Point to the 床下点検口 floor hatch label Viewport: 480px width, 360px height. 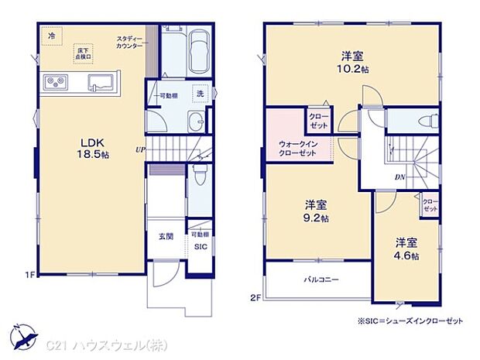pyautogui.click(x=83, y=53)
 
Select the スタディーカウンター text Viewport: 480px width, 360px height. pyautogui.click(x=129, y=43)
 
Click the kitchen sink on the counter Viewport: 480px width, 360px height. pyautogui.click(x=101, y=81)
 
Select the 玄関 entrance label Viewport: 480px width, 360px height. pyautogui.click(x=166, y=236)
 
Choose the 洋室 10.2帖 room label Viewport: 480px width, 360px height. pyautogui.click(x=352, y=61)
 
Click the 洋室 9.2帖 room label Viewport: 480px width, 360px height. pyautogui.click(x=315, y=211)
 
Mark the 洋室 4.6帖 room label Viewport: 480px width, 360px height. pyautogui.click(x=405, y=248)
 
